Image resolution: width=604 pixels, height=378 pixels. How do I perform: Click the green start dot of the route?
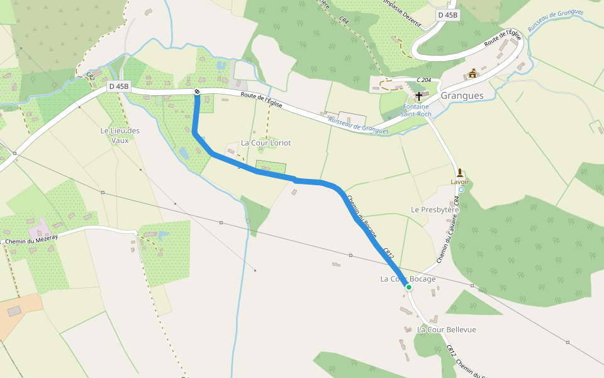pos(409,287)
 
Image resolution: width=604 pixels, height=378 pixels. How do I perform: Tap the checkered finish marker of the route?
pos(197,93)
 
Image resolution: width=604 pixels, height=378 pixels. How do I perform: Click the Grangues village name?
pos(462,96)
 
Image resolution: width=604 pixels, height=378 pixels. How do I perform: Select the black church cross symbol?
pos(419,96)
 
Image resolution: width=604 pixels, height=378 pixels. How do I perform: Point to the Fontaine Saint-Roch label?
pos(417,110)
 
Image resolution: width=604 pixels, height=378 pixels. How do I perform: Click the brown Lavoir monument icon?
pos(460,172)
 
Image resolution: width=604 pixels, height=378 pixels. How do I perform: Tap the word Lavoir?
pos(460,181)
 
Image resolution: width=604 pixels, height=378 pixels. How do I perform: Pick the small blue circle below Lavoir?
pos(461,189)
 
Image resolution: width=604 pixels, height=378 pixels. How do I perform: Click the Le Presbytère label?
pos(435,209)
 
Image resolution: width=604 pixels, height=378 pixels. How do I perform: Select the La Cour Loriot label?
pos(266,143)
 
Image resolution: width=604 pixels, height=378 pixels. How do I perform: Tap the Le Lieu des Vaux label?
pos(120,135)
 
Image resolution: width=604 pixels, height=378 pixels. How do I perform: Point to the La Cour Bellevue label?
pos(447,329)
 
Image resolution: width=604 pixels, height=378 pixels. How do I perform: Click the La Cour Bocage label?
pos(408,278)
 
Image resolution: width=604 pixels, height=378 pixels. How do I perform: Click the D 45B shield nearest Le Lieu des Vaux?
pos(118,86)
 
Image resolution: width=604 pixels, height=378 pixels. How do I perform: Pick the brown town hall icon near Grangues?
pos(473,73)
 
